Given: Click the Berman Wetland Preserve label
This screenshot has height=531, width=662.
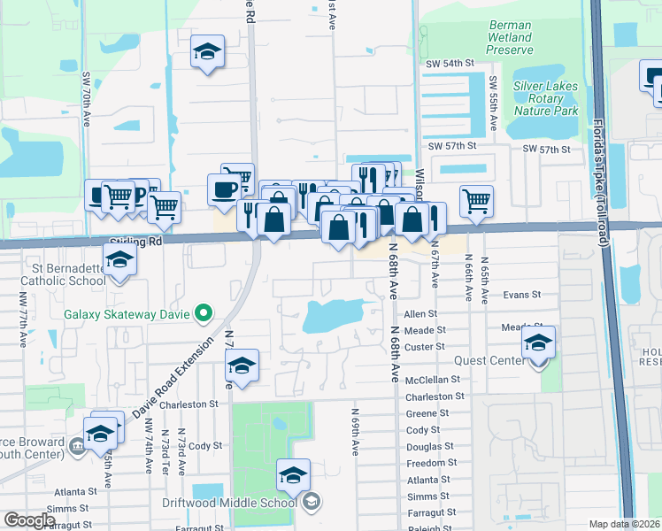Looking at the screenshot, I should (x=510, y=38).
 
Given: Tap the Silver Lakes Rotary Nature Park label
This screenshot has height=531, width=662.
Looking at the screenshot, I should (x=545, y=98).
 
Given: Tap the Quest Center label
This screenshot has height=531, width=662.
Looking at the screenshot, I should (x=489, y=361).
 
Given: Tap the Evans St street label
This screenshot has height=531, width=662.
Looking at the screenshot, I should (x=520, y=295).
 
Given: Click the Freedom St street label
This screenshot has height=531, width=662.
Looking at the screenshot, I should (x=432, y=463).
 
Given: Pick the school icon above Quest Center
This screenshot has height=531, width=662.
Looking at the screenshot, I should (x=537, y=343).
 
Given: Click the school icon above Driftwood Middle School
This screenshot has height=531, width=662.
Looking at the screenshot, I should (x=293, y=476).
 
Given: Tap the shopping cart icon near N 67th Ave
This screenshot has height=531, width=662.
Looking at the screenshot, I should (x=476, y=201).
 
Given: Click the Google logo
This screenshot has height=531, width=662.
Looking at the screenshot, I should (x=29, y=521).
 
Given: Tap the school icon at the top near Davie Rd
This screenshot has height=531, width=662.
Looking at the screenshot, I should (x=207, y=51).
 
